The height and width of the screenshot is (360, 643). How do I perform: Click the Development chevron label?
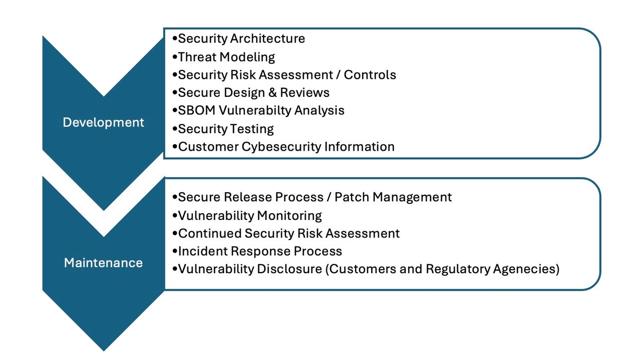click(x=103, y=122)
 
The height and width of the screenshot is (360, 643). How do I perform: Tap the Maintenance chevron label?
click(x=103, y=263)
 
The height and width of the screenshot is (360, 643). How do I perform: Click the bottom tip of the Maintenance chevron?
click(x=103, y=348)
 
